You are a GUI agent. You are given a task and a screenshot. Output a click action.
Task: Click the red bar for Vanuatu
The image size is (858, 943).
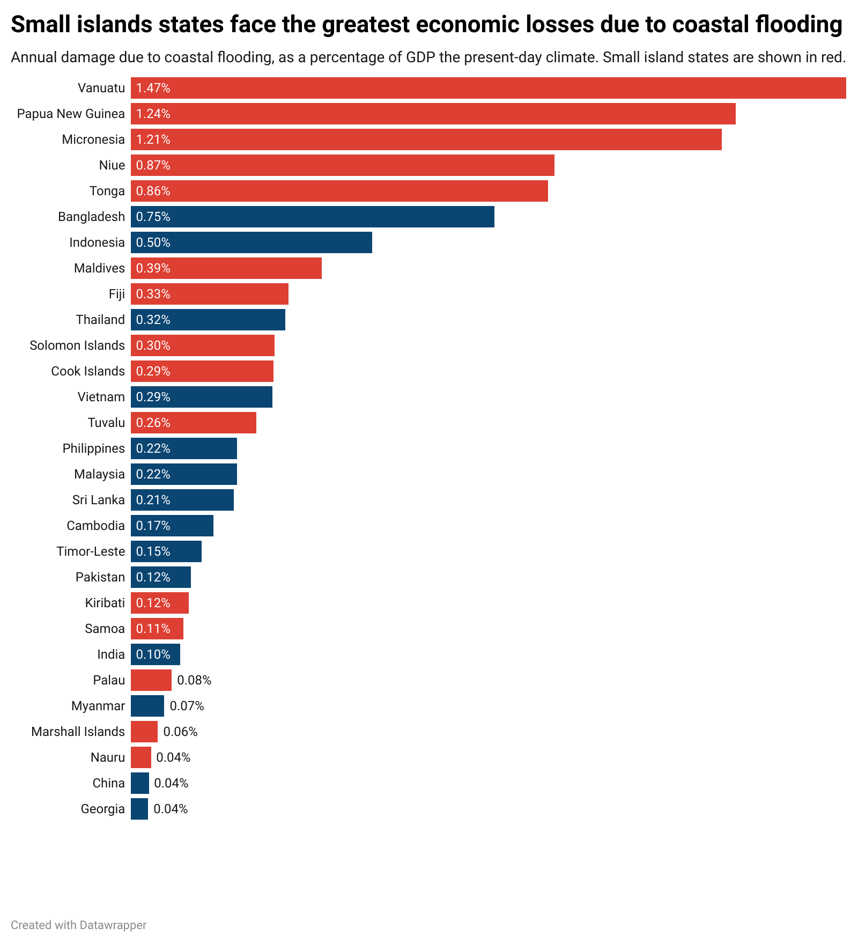488,88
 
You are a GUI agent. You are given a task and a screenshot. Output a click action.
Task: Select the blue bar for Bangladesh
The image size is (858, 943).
312,217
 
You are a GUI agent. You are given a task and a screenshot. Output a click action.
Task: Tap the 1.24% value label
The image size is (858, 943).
153,114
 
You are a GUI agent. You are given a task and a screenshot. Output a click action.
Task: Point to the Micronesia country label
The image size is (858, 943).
93,139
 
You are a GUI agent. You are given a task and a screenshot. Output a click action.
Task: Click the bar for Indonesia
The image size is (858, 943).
251,242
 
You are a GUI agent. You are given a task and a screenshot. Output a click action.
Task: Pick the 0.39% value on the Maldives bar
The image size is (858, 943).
153,268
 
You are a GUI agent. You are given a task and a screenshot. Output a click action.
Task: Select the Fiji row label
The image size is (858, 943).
116,294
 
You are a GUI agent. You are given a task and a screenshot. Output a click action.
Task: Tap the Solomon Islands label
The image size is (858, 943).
77,345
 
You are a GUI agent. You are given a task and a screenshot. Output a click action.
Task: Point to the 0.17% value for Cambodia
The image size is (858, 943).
153,526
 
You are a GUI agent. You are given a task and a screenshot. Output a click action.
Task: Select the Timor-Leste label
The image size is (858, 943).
91,551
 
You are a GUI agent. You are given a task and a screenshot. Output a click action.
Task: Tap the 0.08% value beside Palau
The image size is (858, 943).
194,680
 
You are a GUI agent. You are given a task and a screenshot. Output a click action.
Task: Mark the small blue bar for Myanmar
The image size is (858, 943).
147,706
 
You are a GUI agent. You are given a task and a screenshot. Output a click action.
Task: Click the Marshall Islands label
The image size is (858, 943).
78,732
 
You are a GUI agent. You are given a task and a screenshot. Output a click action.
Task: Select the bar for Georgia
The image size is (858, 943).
139,809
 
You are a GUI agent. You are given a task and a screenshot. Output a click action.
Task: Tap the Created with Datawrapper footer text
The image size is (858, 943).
78,925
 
